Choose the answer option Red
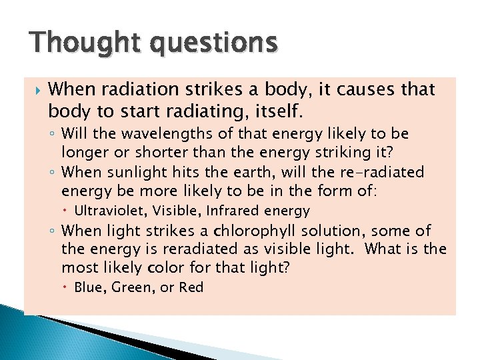click(x=191, y=288)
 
